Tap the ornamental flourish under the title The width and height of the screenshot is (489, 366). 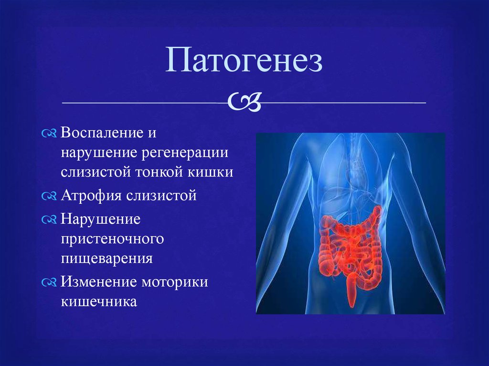click(x=244, y=102)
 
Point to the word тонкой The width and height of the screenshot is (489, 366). click(x=159, y=172)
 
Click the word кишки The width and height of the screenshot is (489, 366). click(x=210, y=172)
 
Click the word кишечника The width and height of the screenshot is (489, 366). click(x=99, y=302)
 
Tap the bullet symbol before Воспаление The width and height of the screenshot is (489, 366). click(x=49, y=134)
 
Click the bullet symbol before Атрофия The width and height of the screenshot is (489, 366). click(x=49, y=196)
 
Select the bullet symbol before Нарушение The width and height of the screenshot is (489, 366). click(x=49, y=220)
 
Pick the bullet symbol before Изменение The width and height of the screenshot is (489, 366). click(x=49, y=282)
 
